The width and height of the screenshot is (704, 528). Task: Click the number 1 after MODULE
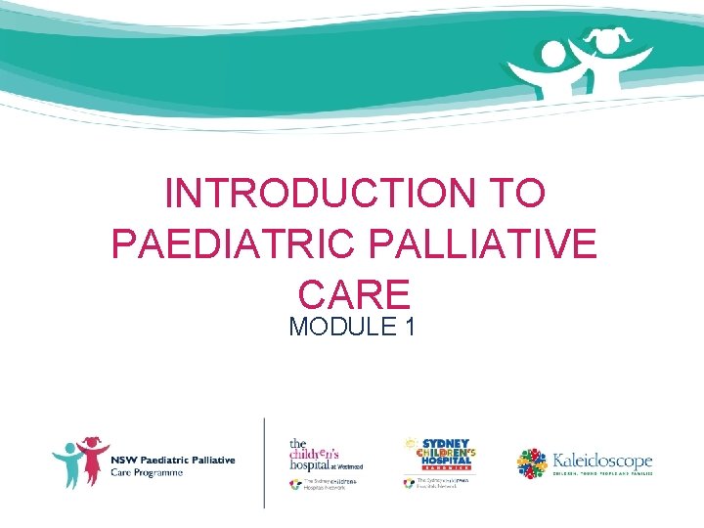click(408, 326)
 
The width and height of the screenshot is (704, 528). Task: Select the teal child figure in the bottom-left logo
click(69, 464)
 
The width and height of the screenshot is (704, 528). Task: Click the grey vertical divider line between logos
click(264, 462)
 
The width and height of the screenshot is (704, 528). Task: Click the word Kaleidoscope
click(601, 460)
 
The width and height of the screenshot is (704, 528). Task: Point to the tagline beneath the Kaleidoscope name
click(601, 475)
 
